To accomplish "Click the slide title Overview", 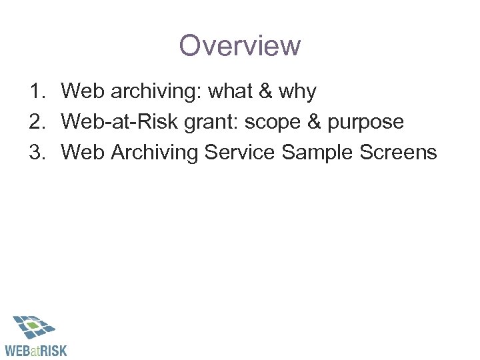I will click(240, 46).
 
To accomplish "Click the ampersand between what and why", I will click(265, 92).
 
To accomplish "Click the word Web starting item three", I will click(83, 153).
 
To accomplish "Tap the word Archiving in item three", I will click(155, 153).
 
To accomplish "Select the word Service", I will click(241, 153).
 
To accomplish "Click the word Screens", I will click(399, 153).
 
